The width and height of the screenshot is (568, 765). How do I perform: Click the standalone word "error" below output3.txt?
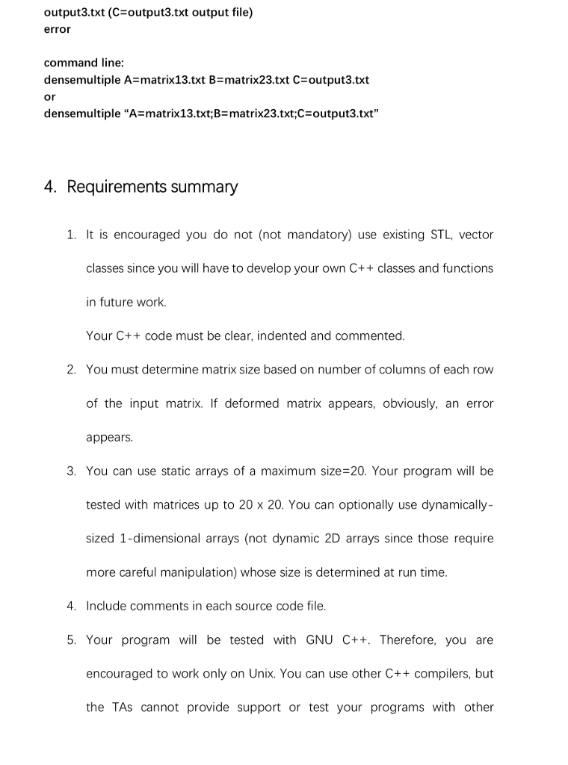pyautogui.click(x=58, y=29)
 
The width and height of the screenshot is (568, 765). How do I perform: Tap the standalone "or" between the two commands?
pyautogui.click(x=50, y=96)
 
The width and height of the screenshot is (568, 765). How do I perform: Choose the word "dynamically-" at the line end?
pyautogui.click(x=455, y=504)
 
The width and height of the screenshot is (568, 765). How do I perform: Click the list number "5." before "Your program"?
pyautogui.click(x=72, y=639)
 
